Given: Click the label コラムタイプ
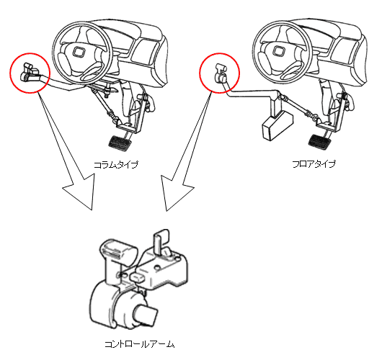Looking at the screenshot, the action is [116, 165].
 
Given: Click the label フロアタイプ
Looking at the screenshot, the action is [314, 164].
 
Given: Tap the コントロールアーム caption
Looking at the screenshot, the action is [140, 344].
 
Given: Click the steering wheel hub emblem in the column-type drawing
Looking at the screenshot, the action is [79, 52].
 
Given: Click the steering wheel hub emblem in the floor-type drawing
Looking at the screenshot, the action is [277, 51].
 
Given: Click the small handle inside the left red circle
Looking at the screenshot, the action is [30, 72].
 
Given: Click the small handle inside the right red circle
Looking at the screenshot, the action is [221, 73].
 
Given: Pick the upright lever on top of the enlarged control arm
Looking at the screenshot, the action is [160, 241].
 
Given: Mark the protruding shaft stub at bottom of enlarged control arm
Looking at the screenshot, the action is [146, 315].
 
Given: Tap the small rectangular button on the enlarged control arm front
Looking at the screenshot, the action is [138, 277].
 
